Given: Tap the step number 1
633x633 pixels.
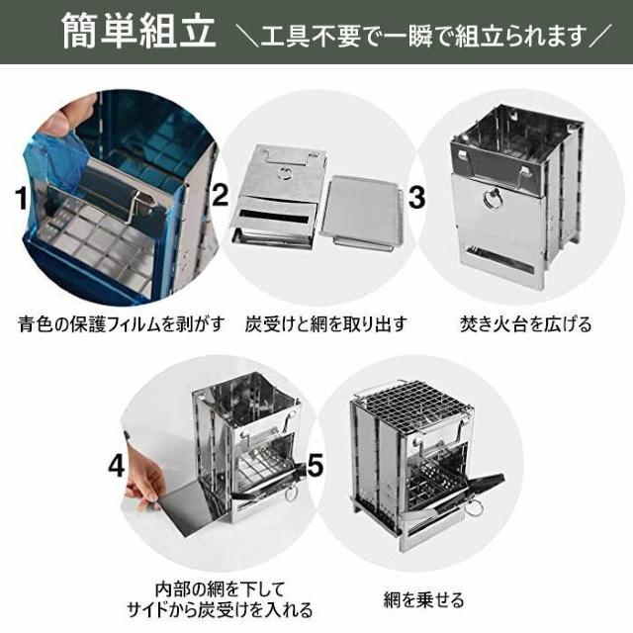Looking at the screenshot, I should pos(21,199).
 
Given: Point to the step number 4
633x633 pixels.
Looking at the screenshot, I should pos(118,465).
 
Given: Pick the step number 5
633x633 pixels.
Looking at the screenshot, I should pos(316,465).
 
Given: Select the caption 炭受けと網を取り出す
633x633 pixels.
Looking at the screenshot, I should pos(326,323).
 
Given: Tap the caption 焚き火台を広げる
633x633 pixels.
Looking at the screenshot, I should pos(526,323).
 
